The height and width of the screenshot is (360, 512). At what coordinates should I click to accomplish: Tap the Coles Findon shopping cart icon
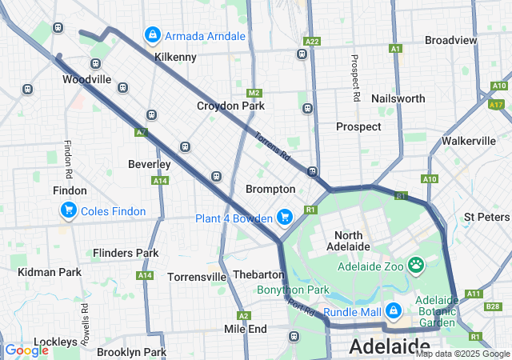[69, 211]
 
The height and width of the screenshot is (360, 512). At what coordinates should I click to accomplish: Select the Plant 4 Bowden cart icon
[284, 218]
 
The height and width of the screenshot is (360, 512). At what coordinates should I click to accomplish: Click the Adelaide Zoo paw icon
[415, 265]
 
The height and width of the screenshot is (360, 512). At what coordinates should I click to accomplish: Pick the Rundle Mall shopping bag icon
[393, 310]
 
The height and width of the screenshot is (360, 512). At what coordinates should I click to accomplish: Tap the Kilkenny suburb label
[175, 58]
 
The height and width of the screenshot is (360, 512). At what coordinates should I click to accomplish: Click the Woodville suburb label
[86, 80]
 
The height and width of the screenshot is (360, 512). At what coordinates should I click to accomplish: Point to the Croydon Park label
[230, 106]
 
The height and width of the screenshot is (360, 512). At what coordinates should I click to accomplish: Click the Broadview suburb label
[450, 40]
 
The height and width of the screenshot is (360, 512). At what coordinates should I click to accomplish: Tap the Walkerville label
[469, 141]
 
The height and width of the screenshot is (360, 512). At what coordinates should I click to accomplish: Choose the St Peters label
[486, 218]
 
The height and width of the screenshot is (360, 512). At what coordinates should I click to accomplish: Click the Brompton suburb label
[270, 190]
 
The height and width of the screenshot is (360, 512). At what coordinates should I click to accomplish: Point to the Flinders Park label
[126, 254]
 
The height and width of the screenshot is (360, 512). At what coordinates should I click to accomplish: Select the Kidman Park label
[49, 273]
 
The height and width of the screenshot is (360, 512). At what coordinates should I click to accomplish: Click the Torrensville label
[197, 278]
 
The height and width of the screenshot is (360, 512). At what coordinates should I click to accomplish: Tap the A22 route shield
[312, 41]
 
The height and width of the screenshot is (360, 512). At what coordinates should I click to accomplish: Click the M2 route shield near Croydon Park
[254, 93]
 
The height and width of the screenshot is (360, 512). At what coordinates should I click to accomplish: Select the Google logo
[26, 350]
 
